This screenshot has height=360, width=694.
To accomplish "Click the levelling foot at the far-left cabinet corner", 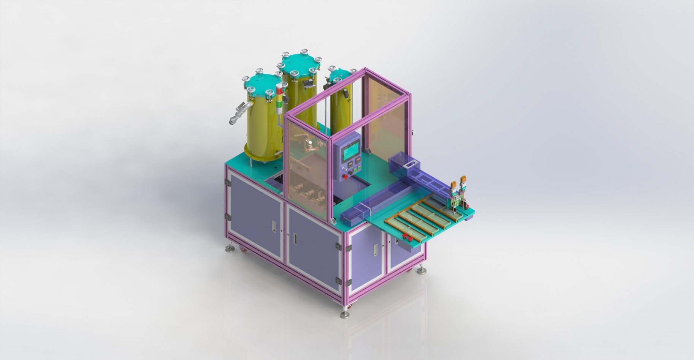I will pos(230,248).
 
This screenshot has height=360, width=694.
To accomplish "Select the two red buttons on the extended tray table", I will pos(408,238).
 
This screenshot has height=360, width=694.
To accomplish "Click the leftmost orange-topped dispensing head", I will pos(454,185).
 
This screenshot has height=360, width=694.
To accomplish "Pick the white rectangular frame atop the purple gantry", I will pos(410,165).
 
